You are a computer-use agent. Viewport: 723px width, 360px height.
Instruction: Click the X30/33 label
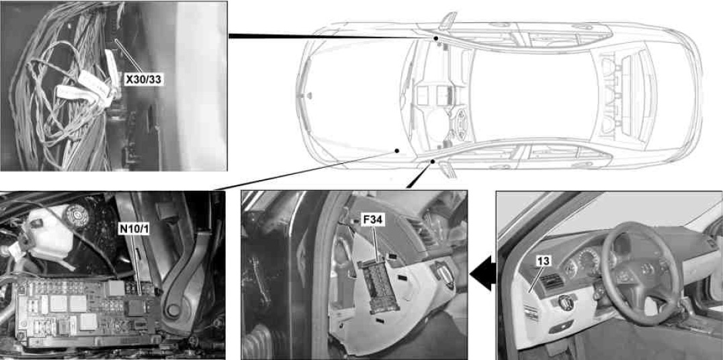pos(143,80)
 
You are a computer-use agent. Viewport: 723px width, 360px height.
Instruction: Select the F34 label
pos(372,220)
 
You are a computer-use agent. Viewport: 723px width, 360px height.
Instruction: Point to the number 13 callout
pos(544,261)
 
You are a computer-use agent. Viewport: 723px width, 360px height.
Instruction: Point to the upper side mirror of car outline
pos(447,21)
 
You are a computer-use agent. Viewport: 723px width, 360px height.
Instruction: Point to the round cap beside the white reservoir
pos(76,215)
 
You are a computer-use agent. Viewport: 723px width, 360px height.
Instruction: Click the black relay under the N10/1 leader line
pos(136,307)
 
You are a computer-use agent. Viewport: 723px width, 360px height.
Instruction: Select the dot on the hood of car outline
pos(396,150)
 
